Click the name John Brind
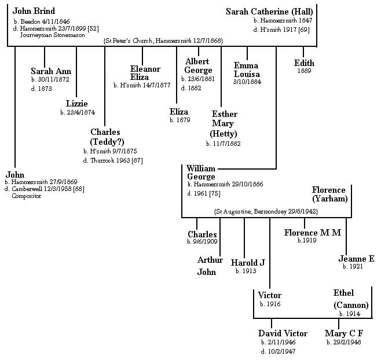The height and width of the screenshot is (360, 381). pos(34,11)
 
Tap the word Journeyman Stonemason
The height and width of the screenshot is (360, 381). pos(52,35)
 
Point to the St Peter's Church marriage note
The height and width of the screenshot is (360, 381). pos(163,41)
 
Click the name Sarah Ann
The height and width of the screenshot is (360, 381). pos(50,71)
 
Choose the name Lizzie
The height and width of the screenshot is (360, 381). pos(76,104)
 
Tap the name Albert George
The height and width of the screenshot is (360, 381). pos(199,66)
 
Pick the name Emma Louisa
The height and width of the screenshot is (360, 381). pos(247,69)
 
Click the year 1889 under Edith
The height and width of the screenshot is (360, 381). pos(304,71)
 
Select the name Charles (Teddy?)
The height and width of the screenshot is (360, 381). pos(107,137)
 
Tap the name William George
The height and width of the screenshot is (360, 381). pos(202,172)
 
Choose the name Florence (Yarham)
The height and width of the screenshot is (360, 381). pos(329,194)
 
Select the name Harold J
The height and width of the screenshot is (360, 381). pos(248,262)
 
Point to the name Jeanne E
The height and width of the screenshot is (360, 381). pos(357,258)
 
